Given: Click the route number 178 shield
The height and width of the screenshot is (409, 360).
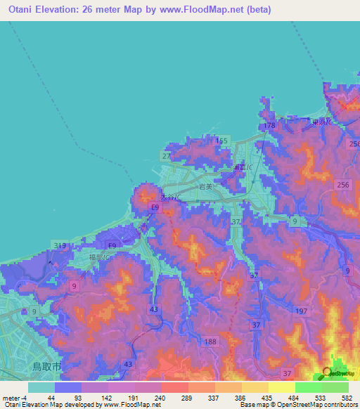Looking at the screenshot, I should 269,125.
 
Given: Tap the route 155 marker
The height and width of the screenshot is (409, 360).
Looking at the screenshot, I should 222,141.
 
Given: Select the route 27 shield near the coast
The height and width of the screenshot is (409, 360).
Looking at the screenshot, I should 166,155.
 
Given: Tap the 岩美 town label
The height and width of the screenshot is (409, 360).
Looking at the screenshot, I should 205,188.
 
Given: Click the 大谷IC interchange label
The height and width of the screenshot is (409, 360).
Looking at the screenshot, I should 170,197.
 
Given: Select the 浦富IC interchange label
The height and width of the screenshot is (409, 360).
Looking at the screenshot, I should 240,167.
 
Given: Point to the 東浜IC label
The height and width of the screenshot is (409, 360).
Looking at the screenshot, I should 324,122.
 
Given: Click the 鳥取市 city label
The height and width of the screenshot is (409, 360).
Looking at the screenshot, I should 49,367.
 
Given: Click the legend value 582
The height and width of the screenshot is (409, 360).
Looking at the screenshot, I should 347,397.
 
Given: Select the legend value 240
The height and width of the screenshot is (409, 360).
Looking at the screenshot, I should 161,397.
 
